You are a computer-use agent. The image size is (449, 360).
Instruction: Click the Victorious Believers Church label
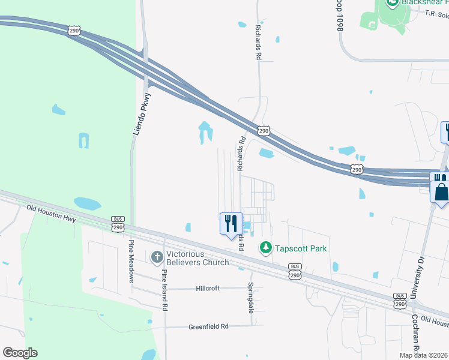point(197,257)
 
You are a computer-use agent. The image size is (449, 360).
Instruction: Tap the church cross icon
point(157,257)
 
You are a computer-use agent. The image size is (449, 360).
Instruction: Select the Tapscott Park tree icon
point(265,247)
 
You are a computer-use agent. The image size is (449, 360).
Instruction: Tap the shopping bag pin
point(441,193)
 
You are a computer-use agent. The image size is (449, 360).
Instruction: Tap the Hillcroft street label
point(208,288)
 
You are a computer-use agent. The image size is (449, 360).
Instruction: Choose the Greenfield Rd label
point(209,326)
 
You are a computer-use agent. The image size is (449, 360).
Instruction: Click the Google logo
point(20,353)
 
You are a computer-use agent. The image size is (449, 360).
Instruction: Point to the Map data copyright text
point(423,355)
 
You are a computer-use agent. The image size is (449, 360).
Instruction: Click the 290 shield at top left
point(74,31)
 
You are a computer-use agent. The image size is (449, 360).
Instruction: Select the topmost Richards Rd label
point(258,40)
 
